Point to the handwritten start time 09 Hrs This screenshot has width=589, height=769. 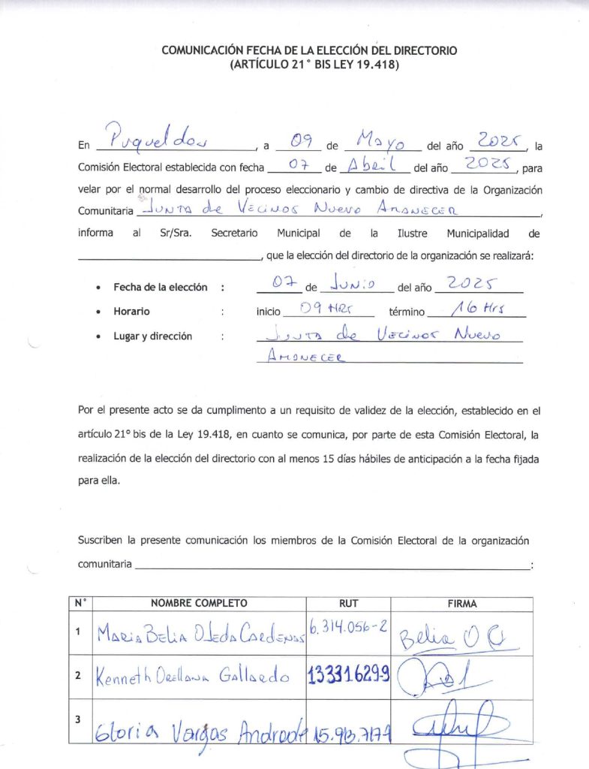pyautogui.click(x=326, y=308)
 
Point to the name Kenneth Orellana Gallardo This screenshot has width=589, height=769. pyautogui.click(x=192, y=676)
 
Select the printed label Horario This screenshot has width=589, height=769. pyautogui.click(x=131, y=311)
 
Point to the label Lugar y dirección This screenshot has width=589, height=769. pyautogui.click(x=152, y=336)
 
